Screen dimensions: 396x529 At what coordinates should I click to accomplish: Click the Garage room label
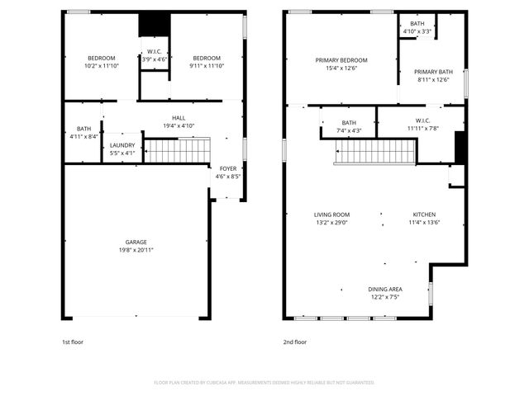click(x=136, y=242)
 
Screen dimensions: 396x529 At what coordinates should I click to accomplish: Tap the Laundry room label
click(x=122, y=145)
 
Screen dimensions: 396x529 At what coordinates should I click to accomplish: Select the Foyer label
click(x=227, y=168)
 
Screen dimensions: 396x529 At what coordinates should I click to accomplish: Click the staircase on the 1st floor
click(x=178, y=150)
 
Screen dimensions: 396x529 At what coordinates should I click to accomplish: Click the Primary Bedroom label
click(x=341, y=60)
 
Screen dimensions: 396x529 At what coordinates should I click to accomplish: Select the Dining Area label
click(x=385, y=289)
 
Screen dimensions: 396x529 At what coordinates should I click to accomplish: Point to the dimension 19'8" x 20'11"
click(x=136, y=249)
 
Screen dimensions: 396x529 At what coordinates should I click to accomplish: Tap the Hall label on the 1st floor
click(x=179, y=118)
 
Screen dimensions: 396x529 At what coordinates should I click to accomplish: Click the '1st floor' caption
click(x=73, y=342)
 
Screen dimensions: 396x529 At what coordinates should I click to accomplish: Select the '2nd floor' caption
click(x=295, y=342)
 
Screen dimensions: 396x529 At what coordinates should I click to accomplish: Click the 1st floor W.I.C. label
click(x=154, y=51)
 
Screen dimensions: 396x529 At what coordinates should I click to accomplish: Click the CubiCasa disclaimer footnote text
click(x=264, y=382)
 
